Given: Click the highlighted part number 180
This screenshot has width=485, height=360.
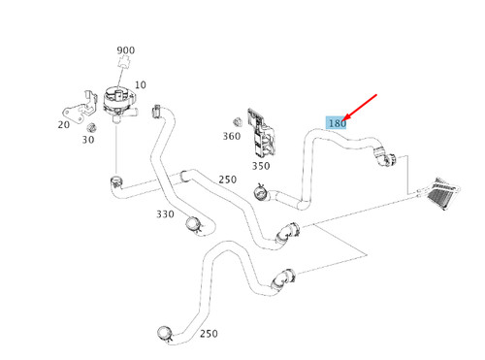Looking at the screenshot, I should [337, 123].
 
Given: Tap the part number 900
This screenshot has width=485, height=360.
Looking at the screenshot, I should [126, 50].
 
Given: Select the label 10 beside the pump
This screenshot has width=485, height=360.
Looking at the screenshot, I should [141, 85].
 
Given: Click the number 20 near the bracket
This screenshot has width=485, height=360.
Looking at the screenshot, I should [64, 124].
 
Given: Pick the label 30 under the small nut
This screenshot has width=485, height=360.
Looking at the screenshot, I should [88, 140].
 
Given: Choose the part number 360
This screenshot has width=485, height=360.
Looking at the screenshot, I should [231, 137].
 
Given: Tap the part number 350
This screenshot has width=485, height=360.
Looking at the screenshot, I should [261, 166].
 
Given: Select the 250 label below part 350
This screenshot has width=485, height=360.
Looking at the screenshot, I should [227, 180].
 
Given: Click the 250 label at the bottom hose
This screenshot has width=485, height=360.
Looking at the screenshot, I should [207, 334].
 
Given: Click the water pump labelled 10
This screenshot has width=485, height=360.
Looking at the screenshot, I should [118, 101].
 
